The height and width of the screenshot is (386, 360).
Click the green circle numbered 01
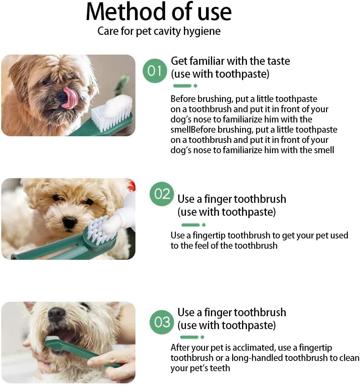coord(154,71)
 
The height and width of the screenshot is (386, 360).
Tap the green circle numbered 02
coord(162,194)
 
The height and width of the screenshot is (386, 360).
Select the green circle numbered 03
coord(162,322)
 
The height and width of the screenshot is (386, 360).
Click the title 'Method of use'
coord(159,12)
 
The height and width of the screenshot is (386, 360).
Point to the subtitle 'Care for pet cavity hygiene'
coord(159,31)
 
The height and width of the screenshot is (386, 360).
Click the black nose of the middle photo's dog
coord(69,223)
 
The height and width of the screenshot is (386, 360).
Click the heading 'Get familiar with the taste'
coord(230,61)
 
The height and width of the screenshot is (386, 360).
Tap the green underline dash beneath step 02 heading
coord(190,225)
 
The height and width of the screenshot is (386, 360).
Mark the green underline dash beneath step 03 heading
coord(189,337)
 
